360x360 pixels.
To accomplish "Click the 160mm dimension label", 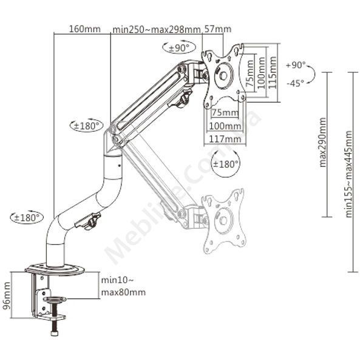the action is [x=85, y=29].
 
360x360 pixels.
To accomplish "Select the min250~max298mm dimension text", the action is [x=157, y=30].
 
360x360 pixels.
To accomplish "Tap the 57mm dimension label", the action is [x=218, y=29].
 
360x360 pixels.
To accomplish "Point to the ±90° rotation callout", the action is [x=179, y=47].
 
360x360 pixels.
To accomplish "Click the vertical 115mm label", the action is [x=273, y=73].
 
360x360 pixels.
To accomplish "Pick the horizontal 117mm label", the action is [x=225, y=139].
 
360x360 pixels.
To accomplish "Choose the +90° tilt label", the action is [x=296, y=65].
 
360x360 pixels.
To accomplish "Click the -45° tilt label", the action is [x=295, y=83].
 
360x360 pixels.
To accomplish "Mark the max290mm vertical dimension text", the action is [x=322, y=142].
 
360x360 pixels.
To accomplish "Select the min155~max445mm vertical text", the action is [x=348, y=174].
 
